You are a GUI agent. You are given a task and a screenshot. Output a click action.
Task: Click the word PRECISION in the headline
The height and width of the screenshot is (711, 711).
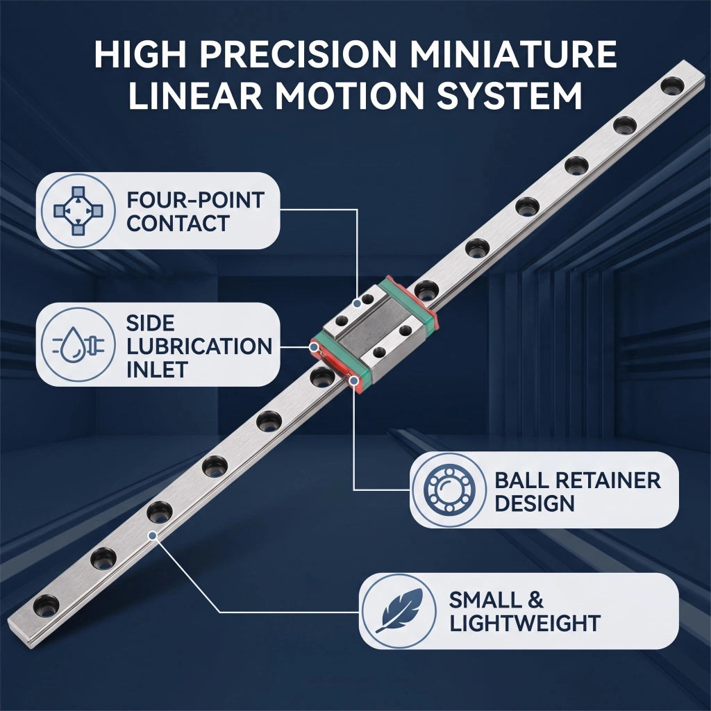coord(298,54)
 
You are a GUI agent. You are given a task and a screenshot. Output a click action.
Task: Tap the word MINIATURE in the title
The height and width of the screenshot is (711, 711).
coord(513,54)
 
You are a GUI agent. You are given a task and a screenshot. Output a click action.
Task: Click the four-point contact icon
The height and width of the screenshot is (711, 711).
coord(78,211)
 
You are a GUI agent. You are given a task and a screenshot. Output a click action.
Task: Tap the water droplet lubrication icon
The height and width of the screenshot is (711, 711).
coord(78,344)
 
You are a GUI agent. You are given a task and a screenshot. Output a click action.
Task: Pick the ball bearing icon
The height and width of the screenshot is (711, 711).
coord(449,490)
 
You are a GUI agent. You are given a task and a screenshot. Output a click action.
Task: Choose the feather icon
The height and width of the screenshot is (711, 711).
coord(399,610)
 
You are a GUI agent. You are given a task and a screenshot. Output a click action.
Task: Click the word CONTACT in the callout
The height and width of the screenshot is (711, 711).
coord(178,224)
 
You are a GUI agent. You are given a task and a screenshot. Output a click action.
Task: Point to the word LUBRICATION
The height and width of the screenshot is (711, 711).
coord(199,346)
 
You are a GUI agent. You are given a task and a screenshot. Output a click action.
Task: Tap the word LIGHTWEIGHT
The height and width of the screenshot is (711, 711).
coord(525,624)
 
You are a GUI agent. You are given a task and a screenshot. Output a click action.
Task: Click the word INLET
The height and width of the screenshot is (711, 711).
coord(157,369)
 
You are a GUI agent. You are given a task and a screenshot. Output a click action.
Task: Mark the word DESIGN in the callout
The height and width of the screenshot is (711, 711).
coord(535,504)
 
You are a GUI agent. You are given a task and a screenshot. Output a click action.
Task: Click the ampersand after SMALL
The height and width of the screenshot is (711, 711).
coord(535,600)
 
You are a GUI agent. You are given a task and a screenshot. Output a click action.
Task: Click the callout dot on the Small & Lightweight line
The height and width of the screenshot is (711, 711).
coord(153,535)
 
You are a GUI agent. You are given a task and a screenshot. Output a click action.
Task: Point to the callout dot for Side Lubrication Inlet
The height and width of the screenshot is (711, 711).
coord(313,347)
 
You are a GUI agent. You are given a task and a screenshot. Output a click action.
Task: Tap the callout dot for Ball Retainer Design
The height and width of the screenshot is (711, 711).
coord(354,380)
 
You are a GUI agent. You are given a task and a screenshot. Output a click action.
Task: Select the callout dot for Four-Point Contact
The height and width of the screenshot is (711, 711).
coord(358,303)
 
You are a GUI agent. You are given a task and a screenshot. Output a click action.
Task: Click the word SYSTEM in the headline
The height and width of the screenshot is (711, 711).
coord(509,96)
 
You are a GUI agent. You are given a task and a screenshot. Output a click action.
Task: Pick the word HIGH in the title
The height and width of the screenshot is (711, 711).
coord(140,54)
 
